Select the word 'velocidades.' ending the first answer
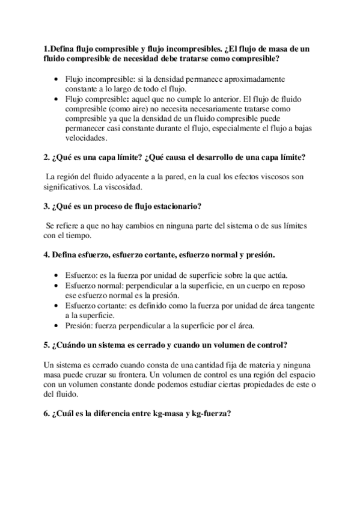coord(86,138)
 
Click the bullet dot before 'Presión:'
coord(57,326)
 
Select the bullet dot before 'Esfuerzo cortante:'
coord(57,306)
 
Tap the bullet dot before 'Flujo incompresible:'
coord(57,79)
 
